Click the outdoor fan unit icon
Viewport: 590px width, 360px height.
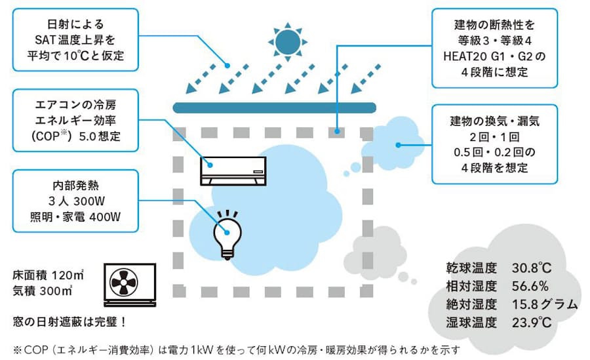(x=130, y=285)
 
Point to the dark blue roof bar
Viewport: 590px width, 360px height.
(x=273, y=107)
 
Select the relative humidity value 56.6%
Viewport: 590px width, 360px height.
(x=530, y=286)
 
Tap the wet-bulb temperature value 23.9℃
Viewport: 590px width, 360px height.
(x=532, y=322)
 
